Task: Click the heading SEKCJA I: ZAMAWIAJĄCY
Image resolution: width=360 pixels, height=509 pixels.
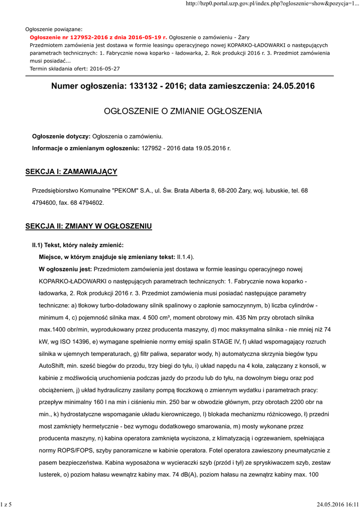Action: click(x=71, y=172)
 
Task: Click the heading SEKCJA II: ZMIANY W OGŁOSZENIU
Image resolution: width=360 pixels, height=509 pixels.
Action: click(x=89, y=227)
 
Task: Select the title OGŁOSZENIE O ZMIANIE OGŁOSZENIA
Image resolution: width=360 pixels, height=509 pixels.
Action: click(x=182, y=111)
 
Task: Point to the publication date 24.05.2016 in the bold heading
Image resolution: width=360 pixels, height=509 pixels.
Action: click(x=294, y=86)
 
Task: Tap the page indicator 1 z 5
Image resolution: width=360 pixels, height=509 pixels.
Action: click(x=7, y=505)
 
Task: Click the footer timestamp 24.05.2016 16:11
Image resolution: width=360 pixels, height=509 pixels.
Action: click(x=337, y=505)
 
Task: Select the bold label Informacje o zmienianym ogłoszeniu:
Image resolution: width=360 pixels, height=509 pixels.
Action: click(x=86, y=148)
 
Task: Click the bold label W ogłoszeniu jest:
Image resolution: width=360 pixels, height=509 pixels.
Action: click(x=65, y=269)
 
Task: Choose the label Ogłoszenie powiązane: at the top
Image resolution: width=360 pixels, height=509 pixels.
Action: click(x=54, y=29)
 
